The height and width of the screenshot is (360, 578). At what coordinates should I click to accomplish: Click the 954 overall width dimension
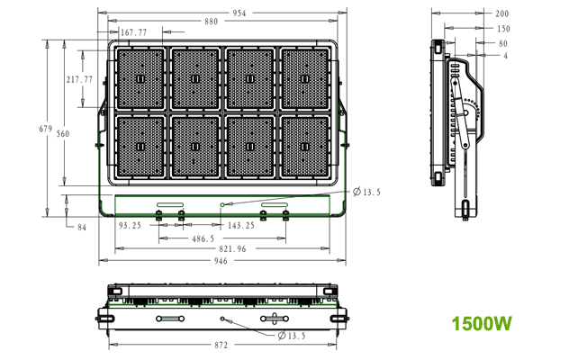coord(239,13)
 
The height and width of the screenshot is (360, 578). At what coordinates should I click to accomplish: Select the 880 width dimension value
coord(212,22)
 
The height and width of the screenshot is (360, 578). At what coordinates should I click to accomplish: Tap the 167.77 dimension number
coord(134,32)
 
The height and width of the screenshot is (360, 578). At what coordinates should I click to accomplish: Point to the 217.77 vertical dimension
coord(79,79)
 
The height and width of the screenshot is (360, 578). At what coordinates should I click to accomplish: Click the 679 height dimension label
coord(46,129)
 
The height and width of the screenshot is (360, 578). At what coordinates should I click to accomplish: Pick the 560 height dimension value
coord(63,134)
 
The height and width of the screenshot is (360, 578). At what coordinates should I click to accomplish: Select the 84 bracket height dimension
coord(82,228)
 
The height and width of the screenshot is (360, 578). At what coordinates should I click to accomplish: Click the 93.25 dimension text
coord(130,226)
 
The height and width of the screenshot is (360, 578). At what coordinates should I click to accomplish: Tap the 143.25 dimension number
coord(241,226)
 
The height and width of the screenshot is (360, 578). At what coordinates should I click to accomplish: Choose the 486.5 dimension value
coord(203,239)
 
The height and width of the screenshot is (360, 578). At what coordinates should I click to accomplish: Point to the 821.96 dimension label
coord(232,249)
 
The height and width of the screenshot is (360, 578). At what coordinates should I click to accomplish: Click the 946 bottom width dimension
coord(221,261)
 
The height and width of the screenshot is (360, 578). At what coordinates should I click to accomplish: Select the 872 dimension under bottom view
coord(221,346)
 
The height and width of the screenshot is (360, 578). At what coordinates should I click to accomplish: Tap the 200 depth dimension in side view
coord(502,14)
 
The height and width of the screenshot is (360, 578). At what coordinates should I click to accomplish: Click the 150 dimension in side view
coord(503,29)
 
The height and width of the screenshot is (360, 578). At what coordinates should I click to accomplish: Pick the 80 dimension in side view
coord(503,44)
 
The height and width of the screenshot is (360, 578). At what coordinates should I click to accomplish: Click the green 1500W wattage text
coord(482,324)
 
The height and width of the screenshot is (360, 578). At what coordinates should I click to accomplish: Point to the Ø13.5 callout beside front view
coord(366,193)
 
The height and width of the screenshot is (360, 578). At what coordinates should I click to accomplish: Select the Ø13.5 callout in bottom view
coord(292,336)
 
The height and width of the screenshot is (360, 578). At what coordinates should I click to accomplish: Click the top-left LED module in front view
coord(140,78)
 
